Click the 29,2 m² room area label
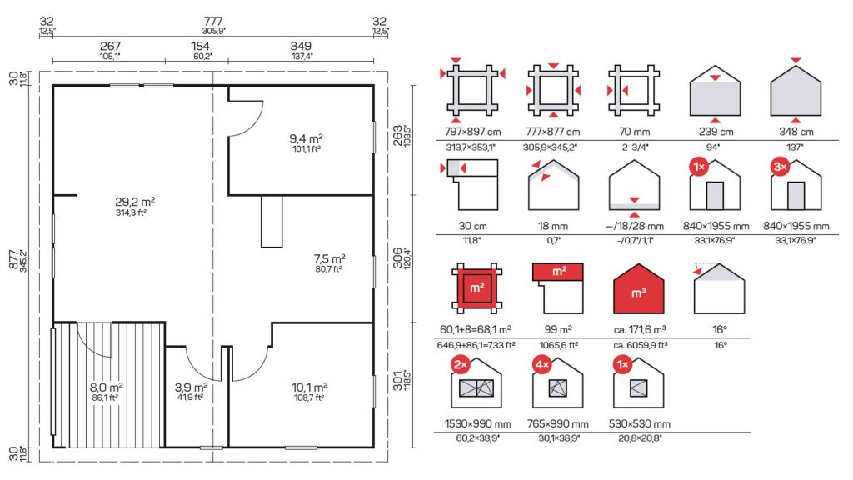[x=135, y=202]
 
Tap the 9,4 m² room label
[x=306, y=139]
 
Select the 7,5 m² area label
[x=329, y=258]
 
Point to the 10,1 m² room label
[x=309, y=387]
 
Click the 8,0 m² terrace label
[x=106, y=387]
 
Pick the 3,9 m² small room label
[x=191, y=387]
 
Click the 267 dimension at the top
[x=110, y=47]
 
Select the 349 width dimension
[x=301, y=47]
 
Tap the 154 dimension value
[x=200, y=47]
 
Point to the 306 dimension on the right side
[x=397, y=258]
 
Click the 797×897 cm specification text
[x=473, y=132]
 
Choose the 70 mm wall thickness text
[x=634, y=132]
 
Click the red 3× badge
[x=780, y=167]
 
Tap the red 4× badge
[x=541, y=365]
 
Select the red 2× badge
[x=461, y=365]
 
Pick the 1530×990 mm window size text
[x=477, y=424]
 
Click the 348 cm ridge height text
[x=796, y=132]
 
